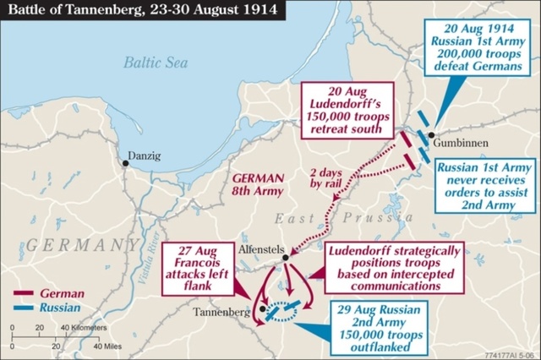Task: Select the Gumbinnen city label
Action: point(461,144)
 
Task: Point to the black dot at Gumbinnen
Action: point(431,134)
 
